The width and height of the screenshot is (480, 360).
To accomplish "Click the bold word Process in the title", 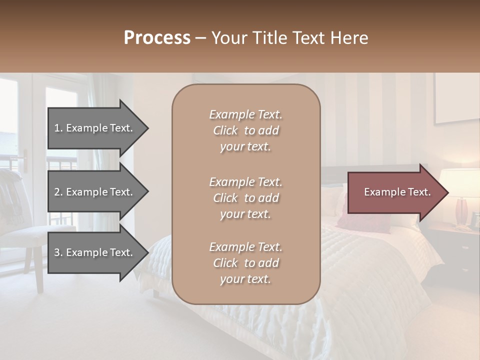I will click(157, 38).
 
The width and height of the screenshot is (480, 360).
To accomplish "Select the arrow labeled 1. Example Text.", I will click(95, 128).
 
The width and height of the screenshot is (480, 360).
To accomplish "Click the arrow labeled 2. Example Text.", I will click(95, 192).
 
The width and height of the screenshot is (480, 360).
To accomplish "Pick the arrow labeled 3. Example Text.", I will click(95, 252).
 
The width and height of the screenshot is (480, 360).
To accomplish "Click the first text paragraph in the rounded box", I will click(245, 130).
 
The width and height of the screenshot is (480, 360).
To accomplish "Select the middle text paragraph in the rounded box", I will click(245, 198).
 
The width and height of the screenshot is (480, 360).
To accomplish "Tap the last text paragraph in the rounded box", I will click(245, 263).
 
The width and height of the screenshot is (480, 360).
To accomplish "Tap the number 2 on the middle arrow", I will click(57, 192).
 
